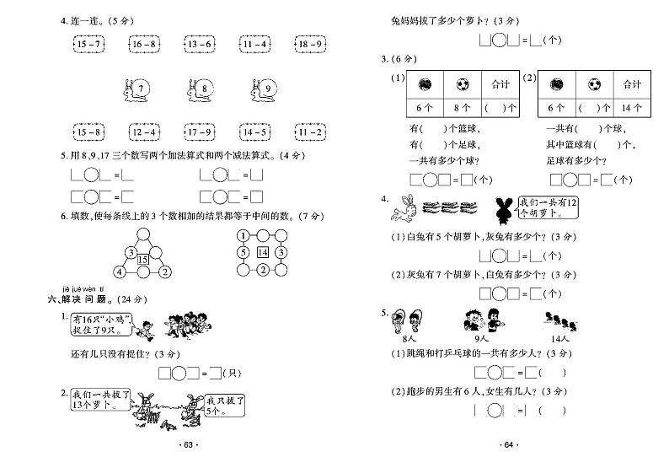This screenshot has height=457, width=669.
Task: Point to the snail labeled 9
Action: click(x=263, y=89)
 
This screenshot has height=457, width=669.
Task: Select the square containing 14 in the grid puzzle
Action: click(x=263, y=253)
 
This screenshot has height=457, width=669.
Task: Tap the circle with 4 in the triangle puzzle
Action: click(x=119, y=272)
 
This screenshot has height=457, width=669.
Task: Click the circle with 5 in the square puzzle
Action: click(x=243, y=253)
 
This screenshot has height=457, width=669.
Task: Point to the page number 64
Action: click(x=509, y=445)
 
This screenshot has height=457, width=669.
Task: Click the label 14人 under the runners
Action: click(x=553, y=337)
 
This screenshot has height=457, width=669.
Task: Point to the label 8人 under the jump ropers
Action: click(x=411, y=337)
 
